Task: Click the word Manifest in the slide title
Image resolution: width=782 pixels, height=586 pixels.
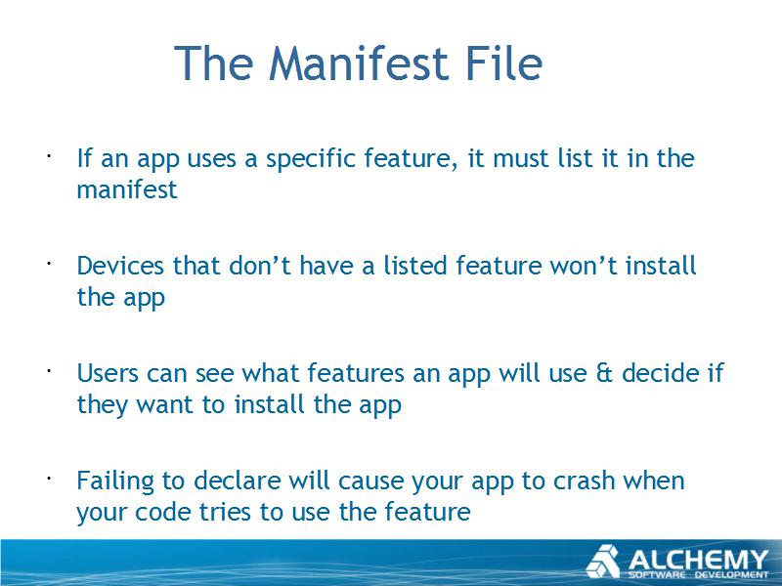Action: click(351, 63)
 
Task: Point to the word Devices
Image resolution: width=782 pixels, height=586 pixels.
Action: click(119, 266)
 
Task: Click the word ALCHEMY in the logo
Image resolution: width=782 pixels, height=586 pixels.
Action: click(698, 560)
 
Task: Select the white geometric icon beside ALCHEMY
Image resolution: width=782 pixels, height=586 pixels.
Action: click(603, 562)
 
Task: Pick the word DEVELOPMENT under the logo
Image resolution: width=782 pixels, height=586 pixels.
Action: click(732, 575)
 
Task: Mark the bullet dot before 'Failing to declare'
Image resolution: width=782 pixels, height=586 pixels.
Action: click(49, 479)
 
